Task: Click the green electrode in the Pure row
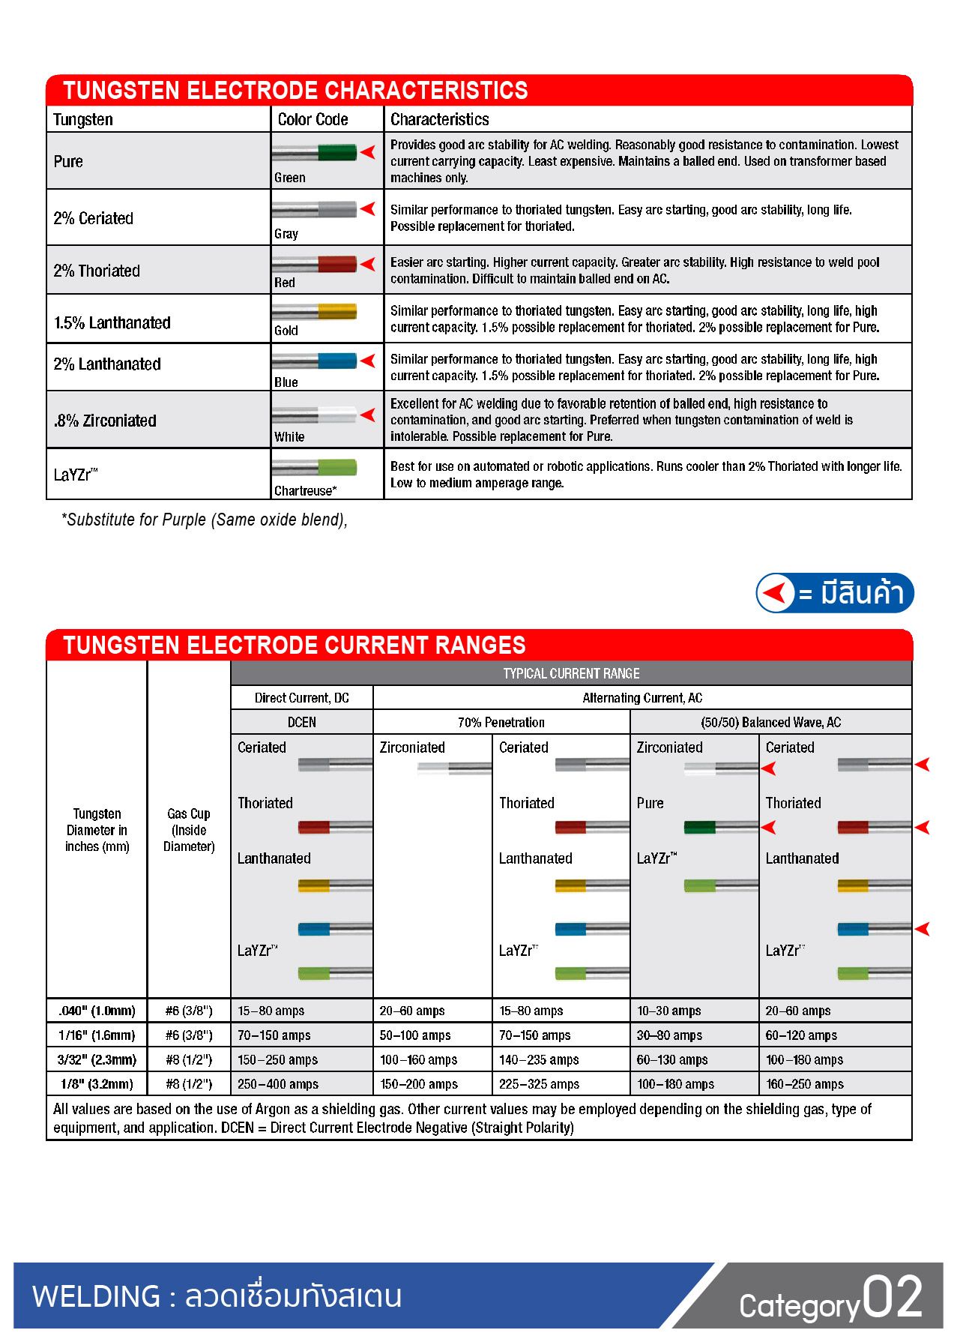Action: point(315,153)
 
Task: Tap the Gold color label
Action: point(286,331)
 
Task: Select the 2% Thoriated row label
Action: point(97,271)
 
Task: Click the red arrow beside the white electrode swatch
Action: point(368,415)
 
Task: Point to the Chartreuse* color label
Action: point(305,491)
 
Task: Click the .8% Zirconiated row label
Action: point(105,421)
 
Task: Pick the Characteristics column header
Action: point(439,119)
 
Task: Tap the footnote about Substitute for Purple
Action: point(204,520)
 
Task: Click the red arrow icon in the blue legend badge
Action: point(776,593)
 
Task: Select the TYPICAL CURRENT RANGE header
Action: point(571,673)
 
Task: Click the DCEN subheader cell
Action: point(301,722)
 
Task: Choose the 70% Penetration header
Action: point(501,722)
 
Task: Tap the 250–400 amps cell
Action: point(278,1084)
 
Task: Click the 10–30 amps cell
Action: point(668,1011)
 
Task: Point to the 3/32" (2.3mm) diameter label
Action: point(97,1059)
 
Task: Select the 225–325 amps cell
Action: point(539,1084)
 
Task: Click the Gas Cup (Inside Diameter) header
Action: point(189,830)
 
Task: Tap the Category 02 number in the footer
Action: point(892,1297)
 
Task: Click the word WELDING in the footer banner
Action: point(97,1296)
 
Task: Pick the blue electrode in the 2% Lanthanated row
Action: point(315,361)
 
